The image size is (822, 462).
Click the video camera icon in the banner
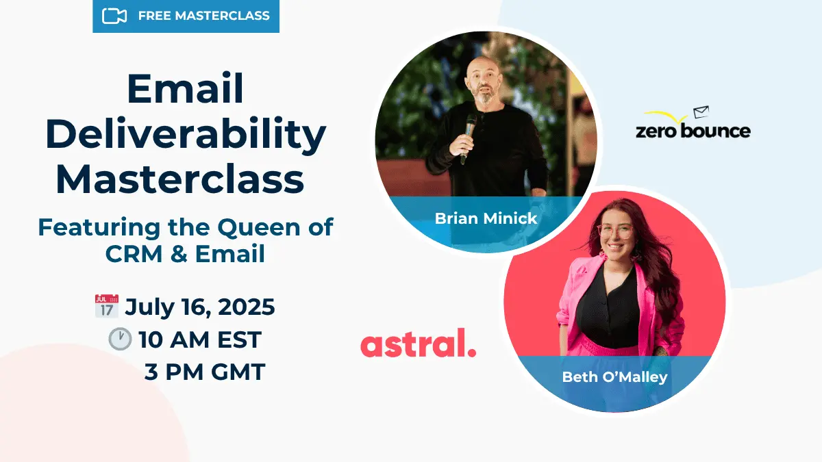click(114, 16)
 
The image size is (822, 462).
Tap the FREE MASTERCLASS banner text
click(203, 16)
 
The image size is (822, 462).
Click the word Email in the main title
click(186, 90)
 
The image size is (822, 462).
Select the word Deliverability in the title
click(186, 134)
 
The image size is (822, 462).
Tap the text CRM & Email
click(185, 254)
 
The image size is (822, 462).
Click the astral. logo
click(418, 344)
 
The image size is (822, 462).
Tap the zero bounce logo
click(693, 130)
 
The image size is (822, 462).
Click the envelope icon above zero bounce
click(701, 112)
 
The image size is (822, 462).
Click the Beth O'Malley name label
click(614, 377)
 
